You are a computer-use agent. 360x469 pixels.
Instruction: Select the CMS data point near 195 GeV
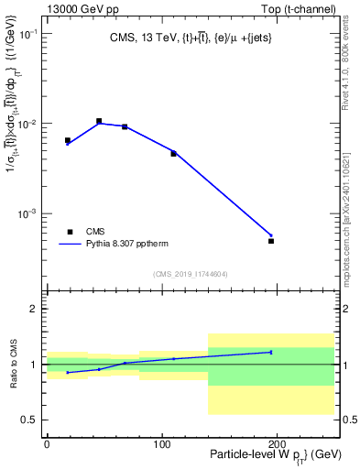271,241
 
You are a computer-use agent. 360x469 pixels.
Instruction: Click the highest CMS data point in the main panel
99,121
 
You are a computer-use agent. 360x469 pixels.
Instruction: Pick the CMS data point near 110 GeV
173,153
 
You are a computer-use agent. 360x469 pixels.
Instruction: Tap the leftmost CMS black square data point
68,140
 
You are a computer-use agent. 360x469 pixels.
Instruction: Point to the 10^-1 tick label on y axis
29,34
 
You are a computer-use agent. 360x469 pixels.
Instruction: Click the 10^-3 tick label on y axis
29,213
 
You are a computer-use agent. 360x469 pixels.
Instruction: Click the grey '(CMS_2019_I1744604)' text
191,274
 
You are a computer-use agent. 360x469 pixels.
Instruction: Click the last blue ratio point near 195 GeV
271,352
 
